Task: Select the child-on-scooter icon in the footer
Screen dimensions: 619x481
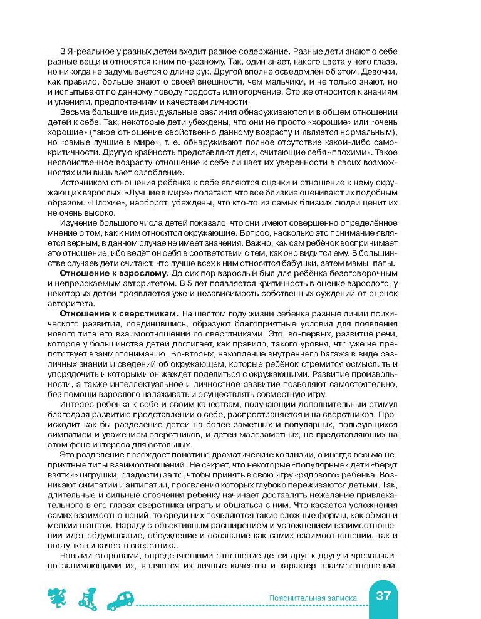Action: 86,598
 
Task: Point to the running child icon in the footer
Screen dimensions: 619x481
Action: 56,598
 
